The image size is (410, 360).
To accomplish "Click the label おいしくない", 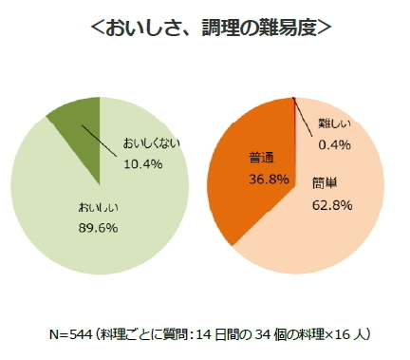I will point(151,144).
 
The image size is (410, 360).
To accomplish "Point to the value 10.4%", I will point(143,163).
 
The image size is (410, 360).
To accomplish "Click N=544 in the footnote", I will point(77,334).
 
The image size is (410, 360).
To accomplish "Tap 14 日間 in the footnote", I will point(227,334).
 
